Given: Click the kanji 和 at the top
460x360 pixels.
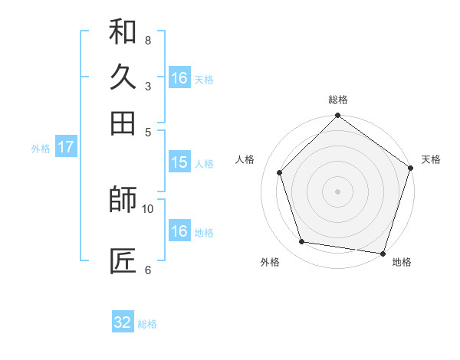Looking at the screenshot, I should click(x=123, y=31).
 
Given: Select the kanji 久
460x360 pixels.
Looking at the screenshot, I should click(x=123, y=77).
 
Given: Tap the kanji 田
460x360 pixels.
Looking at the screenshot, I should click(x=123, y=123).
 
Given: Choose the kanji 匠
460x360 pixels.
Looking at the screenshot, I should click(x=123, y=261).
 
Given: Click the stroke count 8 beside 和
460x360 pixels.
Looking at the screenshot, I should click(x=148, y=40).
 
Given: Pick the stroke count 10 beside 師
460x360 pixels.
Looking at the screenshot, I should click(x=148, y=208).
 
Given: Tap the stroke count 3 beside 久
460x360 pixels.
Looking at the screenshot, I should click(x=148, y=86).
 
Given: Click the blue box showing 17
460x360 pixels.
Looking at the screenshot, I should click(x=66, y=147).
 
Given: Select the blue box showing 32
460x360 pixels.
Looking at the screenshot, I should click(x=123, y=322).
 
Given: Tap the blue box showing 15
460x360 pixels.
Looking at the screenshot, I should click(x=179, y=162).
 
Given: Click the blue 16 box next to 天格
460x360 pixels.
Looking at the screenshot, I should click(x=179, y=78).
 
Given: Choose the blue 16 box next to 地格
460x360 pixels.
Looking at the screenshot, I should click(x=179, y=231).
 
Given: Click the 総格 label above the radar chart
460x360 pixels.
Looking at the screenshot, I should click(x=338, y=100).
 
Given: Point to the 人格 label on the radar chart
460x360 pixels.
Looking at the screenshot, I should click(x=246, y=159).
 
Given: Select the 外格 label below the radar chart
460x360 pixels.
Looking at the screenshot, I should click(x=270, y=263).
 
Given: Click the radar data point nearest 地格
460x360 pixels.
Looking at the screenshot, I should click(x=383, y=253).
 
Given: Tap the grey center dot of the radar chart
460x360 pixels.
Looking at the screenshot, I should click(x=337, y=191).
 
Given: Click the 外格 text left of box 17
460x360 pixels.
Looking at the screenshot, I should click(x=41, y=149).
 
